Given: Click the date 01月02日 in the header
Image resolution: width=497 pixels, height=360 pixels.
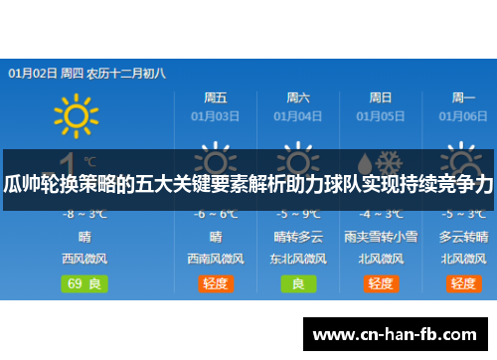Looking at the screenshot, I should tap(32, 73).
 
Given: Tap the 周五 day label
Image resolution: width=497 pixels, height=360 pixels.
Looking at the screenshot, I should tap(215, 97).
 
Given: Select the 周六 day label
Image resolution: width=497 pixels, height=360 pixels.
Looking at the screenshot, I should tap(298, 97).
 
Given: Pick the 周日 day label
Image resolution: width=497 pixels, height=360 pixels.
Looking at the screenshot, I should tap(380, 97).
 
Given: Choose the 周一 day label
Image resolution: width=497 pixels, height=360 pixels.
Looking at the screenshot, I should tap(463, 97).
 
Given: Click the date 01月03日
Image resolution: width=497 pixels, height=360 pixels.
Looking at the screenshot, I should tap(215, 115).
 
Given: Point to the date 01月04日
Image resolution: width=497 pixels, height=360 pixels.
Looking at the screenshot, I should tap(298, 115).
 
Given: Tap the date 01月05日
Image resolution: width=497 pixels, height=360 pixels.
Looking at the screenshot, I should tap(380, 115).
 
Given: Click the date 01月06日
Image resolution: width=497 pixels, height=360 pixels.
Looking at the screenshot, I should tap(463, 115).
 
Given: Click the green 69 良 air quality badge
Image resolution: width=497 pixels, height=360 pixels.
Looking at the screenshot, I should tap(87, 283).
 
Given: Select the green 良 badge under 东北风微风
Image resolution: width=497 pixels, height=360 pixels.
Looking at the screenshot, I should tap(298, 283).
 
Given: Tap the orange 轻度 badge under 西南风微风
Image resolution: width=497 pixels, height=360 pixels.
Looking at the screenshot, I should tap(215, 283).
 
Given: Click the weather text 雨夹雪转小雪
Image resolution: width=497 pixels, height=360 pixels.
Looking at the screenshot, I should tap(380, 237).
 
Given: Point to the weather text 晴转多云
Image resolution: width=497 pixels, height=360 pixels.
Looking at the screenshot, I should tap(298, 237).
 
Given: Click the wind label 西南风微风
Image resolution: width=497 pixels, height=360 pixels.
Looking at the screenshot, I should tap(215, 259).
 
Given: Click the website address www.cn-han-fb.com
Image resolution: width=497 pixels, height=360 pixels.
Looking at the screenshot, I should tap(402, 333).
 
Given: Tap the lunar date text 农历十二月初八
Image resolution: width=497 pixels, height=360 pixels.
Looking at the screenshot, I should tap(126, 73).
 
